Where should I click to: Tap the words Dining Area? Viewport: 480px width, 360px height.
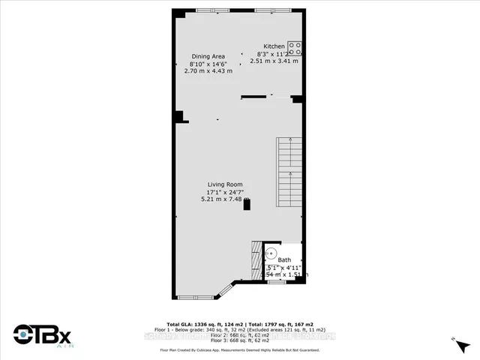tap(208, 55)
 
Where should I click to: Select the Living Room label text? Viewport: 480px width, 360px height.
tap(225, 184)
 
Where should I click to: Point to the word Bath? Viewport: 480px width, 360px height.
tap(284, 260)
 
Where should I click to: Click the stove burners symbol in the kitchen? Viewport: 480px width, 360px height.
tap(295, 49)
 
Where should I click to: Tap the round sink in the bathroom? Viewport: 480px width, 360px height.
tap(271, 254)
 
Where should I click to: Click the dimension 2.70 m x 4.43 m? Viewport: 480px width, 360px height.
tap(208, 71)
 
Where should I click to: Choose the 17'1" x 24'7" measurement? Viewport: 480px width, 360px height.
tap(225, 192)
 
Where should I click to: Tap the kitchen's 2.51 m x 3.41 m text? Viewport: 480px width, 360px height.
tap(278, 61)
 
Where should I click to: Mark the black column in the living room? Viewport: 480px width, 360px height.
tap(247, 205)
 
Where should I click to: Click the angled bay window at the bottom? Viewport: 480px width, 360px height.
tap(224, 291)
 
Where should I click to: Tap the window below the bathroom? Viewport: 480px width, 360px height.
tap(277, 281)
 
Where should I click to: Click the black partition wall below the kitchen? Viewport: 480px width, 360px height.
tap(253, 97)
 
